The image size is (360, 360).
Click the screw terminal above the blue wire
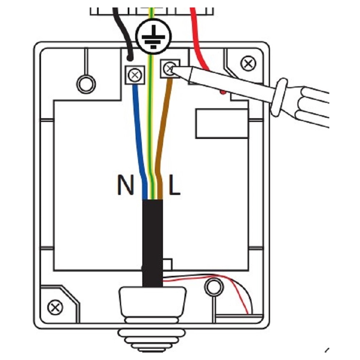[134, 75]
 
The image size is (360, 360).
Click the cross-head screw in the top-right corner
[248, 63]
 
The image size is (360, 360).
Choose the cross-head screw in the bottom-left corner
[54, 308]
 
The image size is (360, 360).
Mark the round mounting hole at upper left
[86, 83]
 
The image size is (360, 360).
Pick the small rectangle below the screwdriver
[216, 123]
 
